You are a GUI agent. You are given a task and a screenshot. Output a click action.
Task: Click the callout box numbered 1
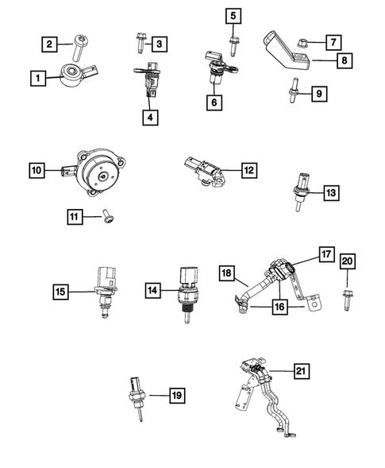click(36, 78)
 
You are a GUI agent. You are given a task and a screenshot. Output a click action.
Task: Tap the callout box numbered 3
click(160, 43)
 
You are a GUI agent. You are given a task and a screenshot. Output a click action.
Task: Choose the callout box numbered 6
click(214, 102)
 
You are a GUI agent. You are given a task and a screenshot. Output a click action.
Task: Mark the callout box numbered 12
click(248, 170)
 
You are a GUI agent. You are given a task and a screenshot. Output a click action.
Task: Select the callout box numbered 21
click(301, 369)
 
